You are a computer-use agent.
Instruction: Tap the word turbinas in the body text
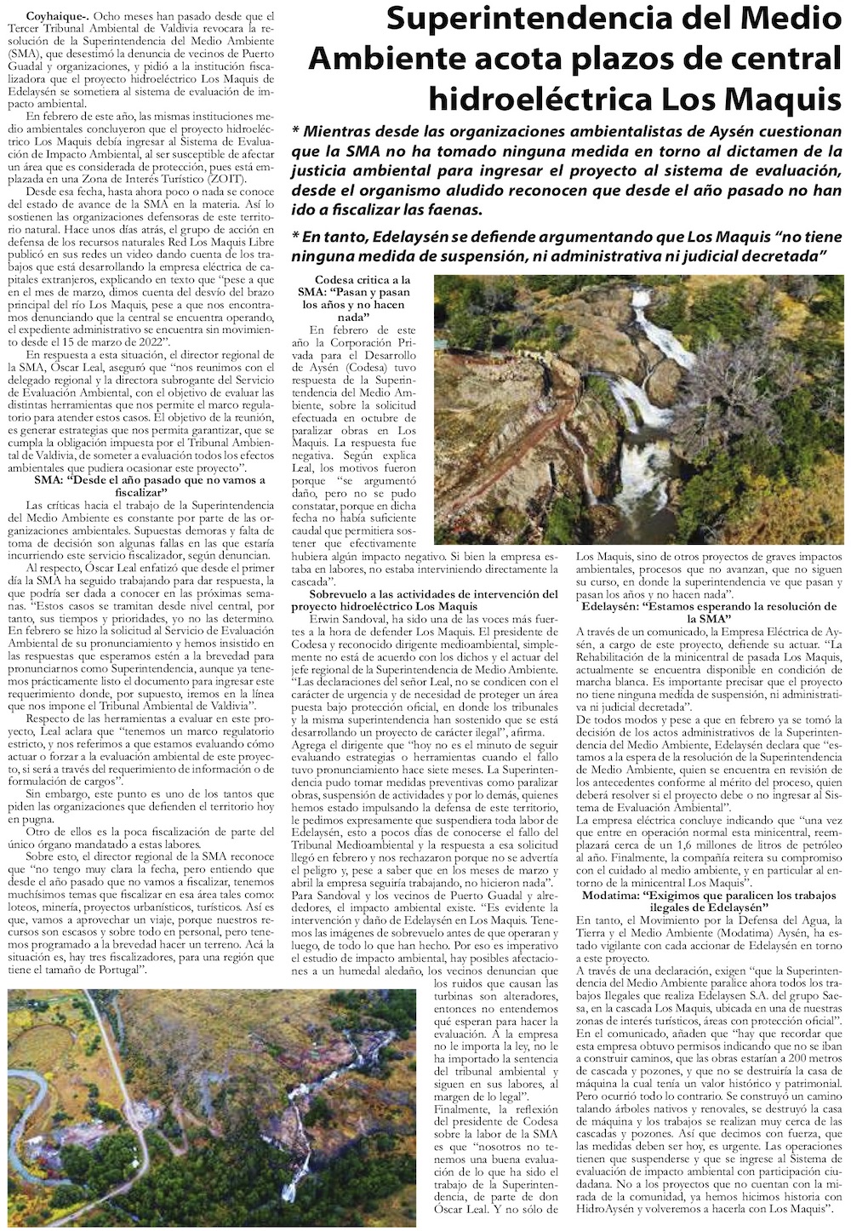[x=446, y=996]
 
